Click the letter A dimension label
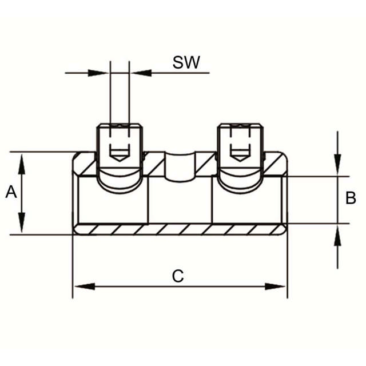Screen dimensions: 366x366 pyautogui.click(x=11, y=193)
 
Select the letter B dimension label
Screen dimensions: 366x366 pyautogui.click(x=351, y=198)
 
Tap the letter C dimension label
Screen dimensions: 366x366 pyautogui.click(x=178, y=276)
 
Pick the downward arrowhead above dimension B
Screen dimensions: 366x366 pyautogui.click(x=337, y=167)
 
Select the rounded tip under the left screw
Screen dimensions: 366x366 pyautogui.click(x=120, y=182)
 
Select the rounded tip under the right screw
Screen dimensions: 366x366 pyautogui.click(x=240, y=182)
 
